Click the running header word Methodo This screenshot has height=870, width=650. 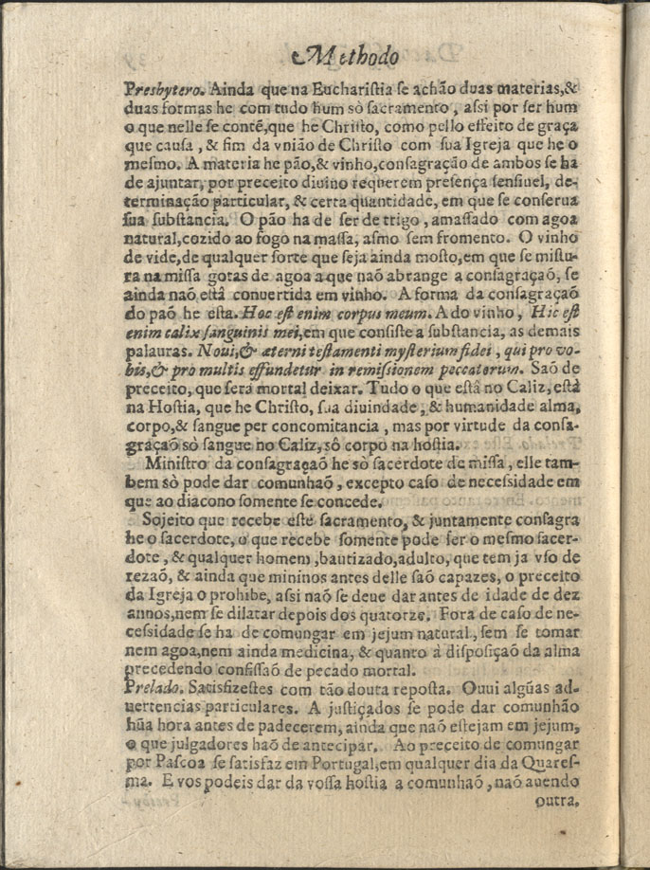(x=346, y=58)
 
